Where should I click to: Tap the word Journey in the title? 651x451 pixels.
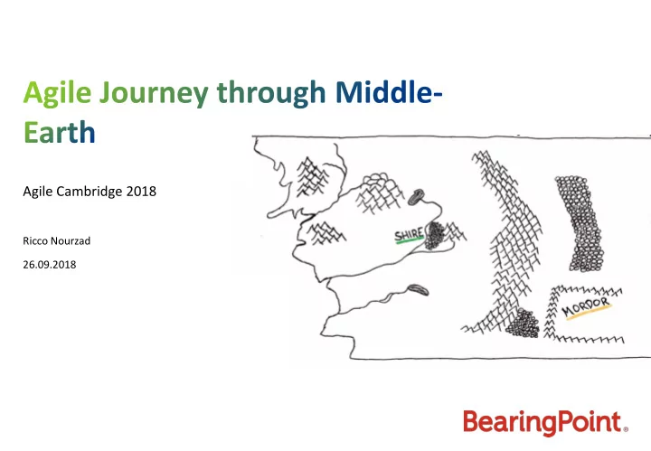(x=154, y=94)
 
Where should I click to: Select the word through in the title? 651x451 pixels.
(x=271, y=94)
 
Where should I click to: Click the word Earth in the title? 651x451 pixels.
(x=60, y=132)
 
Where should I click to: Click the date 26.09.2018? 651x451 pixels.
(x=50, y=265)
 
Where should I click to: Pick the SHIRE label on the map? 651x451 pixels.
(x=409, y=234)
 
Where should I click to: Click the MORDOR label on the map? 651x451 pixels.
(x=586, y=306)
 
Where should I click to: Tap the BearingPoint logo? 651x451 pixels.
(x=545, y=422)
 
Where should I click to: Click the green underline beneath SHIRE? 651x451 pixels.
(x=410, y=240)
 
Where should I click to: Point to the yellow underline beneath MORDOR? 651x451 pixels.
(x=589, y=313)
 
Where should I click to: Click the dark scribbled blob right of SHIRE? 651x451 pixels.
(x=435, y=235)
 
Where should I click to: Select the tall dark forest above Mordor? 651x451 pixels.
(x=580, y=223)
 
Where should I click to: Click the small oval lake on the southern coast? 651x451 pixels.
(x=417, y=289)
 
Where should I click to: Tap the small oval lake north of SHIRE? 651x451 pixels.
(x=416, y=197)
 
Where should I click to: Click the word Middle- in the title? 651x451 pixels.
(x=389, y=92)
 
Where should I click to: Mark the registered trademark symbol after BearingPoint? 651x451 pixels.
(x=626, y=429)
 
